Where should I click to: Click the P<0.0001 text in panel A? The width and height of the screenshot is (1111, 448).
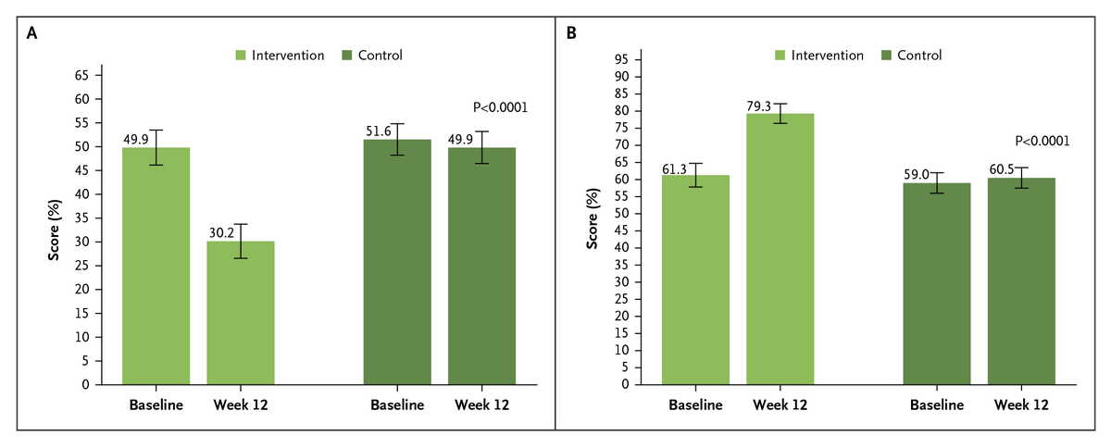[500, 107]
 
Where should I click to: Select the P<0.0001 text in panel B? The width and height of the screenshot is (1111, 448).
[1042, 142]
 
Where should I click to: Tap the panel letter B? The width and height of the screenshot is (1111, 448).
[571, 32]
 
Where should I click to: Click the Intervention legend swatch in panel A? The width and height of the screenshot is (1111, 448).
[243, 56]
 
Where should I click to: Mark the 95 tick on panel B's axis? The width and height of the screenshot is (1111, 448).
[622, 59]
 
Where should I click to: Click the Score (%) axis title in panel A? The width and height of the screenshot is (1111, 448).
[55, 228]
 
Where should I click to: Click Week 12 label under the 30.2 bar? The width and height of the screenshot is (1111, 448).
[240, 404]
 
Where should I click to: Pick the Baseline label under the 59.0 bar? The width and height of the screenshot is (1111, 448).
[937, 404]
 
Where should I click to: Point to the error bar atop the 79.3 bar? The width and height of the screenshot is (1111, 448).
[780, 113]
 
